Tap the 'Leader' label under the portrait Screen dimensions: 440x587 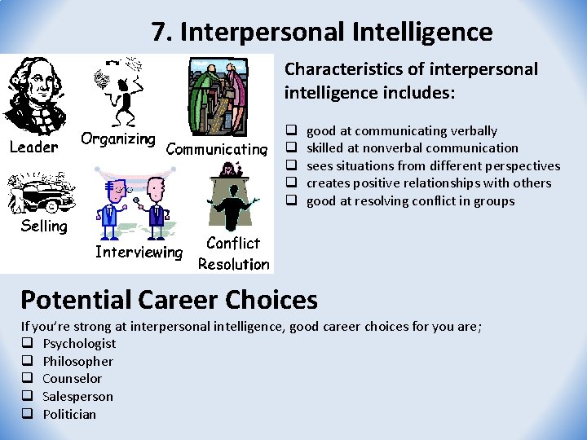33,147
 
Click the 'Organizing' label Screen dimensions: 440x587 118,139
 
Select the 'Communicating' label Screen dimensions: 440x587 217,149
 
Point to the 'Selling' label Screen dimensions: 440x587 44,226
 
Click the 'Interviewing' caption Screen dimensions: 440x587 139,252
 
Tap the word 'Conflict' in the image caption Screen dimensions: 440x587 233,243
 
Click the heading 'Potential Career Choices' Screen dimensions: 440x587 169,300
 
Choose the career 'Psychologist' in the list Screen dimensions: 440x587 79,344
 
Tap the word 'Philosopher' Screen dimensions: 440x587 77,361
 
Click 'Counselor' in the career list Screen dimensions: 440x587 72,379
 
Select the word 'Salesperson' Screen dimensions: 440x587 77,397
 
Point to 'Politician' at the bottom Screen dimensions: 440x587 69,414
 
